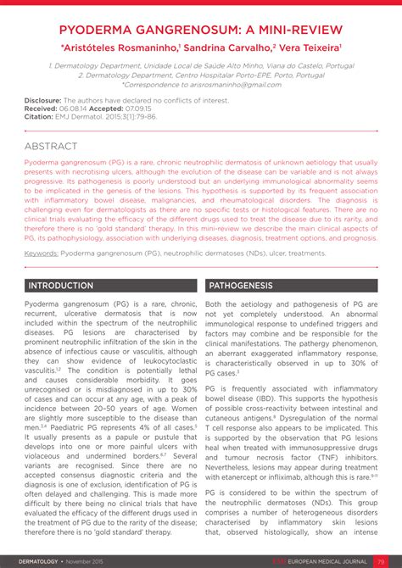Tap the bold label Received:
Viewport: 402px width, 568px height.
click(x=41, y=108)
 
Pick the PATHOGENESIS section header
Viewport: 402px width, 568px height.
click(x=241, y=286)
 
